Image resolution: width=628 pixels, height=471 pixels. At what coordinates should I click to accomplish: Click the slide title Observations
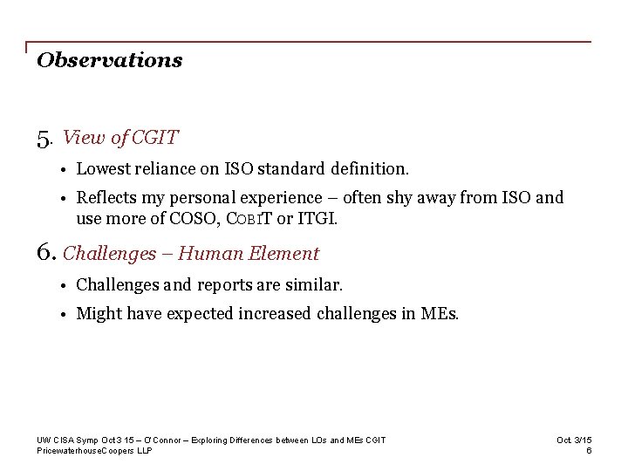pyautogui.click(x=109, y=60)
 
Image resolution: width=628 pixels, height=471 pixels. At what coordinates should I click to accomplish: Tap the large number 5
pyautogui.click(x=44, y=139)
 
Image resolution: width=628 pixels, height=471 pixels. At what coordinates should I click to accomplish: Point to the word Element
pyautogui.click(x=284, y=254)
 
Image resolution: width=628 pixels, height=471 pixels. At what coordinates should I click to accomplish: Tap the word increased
pyautogui.click(x=276, y=314)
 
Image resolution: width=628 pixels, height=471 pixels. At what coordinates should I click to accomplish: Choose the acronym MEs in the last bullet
pyautogui.click(x=440, y=314)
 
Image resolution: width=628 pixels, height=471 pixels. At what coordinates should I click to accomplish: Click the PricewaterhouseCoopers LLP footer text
pyautogui.click(x=94, y=450)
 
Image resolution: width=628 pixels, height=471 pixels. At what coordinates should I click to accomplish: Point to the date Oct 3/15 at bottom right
pyautogui.click(x=574, y=440)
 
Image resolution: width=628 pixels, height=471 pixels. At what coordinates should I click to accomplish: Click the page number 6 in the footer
pyautogui.click(x=590, y=450)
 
